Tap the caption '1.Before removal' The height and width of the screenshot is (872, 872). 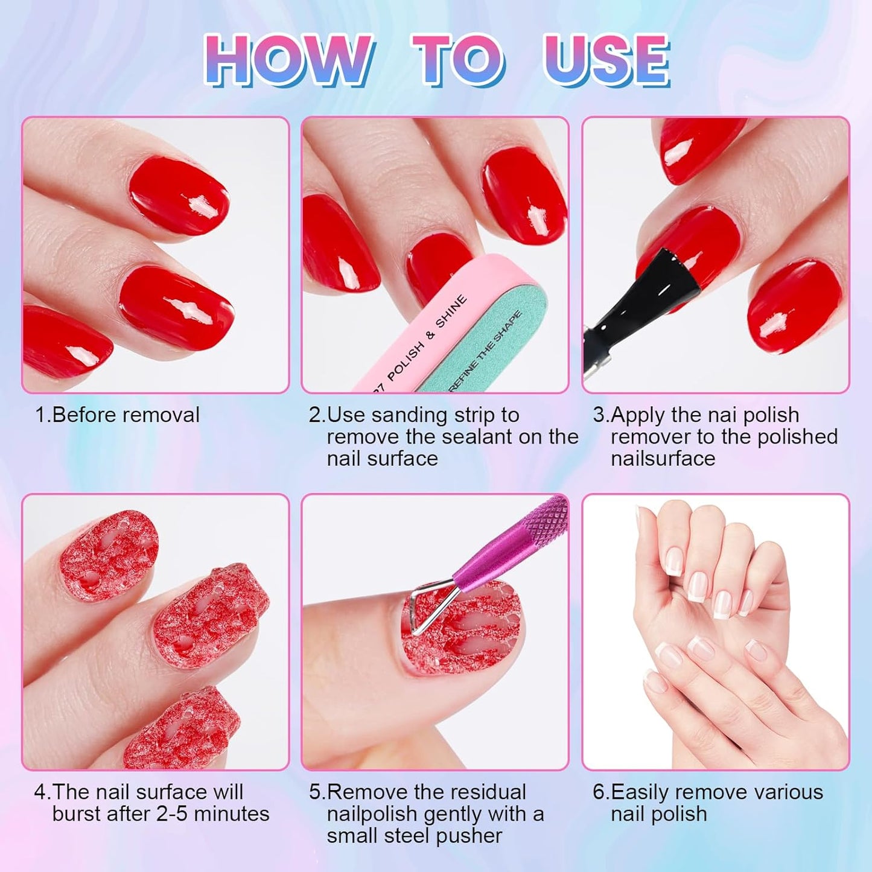pos(117,415)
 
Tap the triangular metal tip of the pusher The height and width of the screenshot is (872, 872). pos(430,609)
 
